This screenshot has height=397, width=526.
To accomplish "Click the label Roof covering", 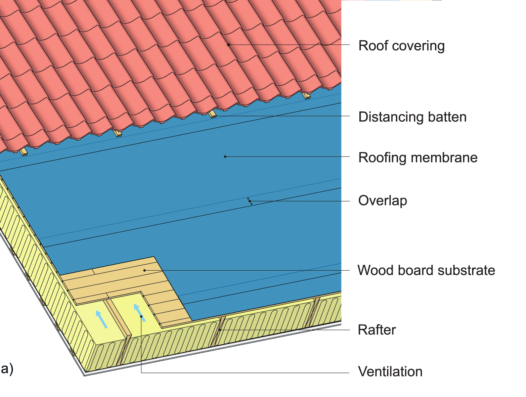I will [x=401, y=46].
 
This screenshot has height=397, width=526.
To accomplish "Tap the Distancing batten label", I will [x=412, y=117].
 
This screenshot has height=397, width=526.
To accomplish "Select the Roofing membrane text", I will [x=417, y=158].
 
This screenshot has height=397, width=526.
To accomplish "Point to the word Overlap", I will [x=382, y=201].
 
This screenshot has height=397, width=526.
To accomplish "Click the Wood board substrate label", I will [x=426, y=271].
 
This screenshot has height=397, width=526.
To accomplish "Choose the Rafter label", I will [x=376, y=330].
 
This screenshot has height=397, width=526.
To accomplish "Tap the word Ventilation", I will [x=390, y=372].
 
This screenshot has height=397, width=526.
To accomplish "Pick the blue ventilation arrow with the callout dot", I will [x=139, y=312].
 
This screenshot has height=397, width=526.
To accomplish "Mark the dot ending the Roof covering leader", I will [x=228, y=44].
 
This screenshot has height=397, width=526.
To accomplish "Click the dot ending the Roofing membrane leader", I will [x=225, y=156].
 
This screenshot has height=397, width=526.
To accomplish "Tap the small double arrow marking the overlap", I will [x=250, y=201].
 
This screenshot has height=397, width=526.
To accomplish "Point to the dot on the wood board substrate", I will [x=145, y=270].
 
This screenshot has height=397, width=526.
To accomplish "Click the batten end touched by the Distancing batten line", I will [x=212, y=114].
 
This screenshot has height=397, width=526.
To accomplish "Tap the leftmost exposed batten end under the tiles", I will [x=23, y=152].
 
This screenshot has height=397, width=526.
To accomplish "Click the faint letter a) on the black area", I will [x=7, y=369].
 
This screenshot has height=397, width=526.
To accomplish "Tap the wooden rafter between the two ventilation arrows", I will [x=119, y=318].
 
